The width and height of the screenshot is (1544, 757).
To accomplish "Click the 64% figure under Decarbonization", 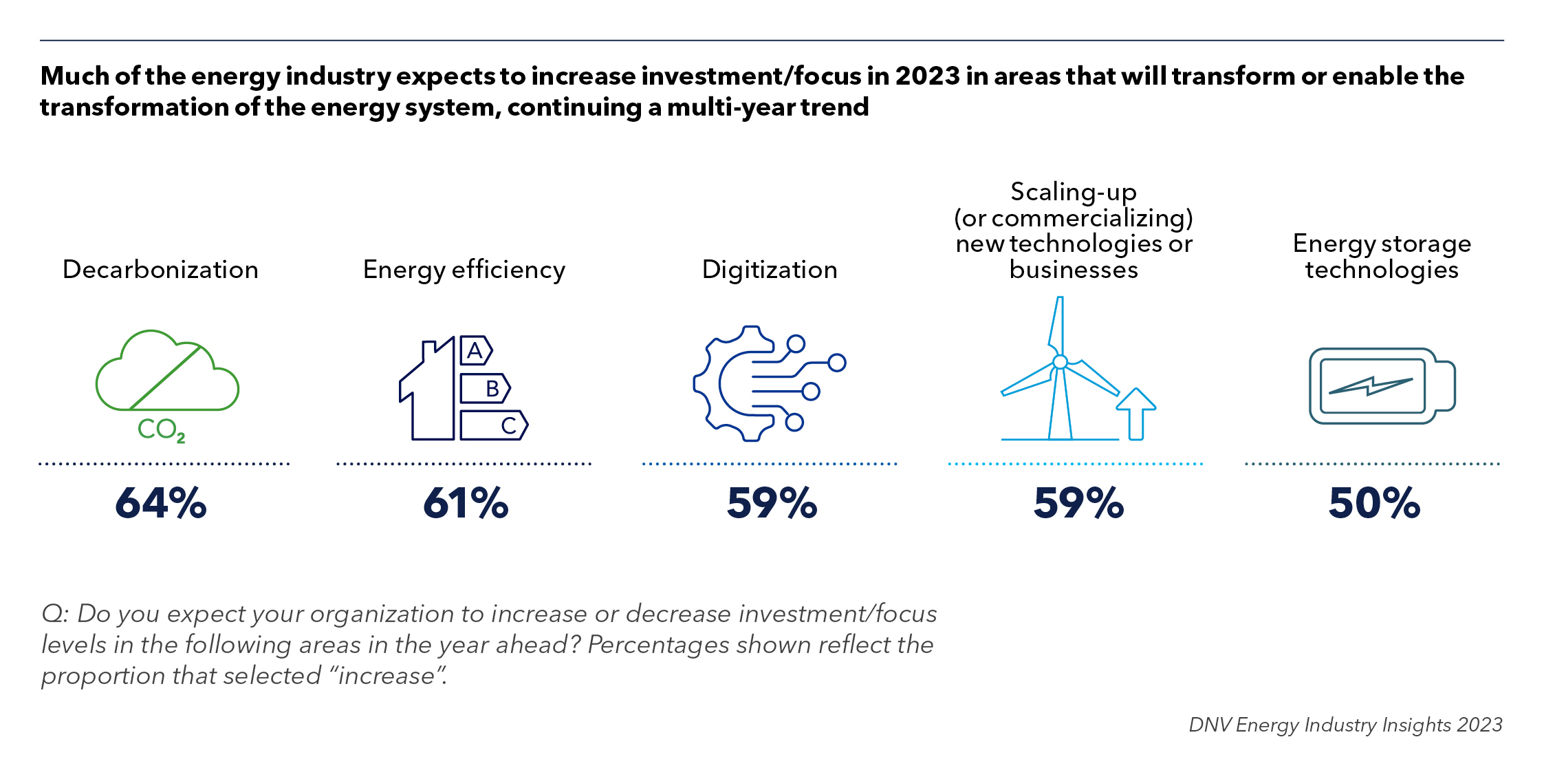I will (x=160, y=503).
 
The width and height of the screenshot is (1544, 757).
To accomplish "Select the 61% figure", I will (x=466, y=503).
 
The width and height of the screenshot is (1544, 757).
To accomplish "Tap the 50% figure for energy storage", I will (x=1374, y=503).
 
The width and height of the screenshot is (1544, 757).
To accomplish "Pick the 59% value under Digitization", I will (x=772, y=503).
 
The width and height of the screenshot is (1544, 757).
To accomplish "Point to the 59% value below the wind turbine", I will (x=1078, y=503).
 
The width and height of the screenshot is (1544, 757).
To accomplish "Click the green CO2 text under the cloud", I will (x=161, y=430).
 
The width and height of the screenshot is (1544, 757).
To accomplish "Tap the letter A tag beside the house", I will (x=475, y=351).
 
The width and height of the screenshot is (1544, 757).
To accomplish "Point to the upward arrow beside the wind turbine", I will (x=1136, y=413).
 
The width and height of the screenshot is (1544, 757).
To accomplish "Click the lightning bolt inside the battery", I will (x=1371, y=387).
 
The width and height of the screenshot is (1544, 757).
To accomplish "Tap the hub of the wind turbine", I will (x=1060, y=362).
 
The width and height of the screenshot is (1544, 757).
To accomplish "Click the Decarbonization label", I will (x=160, y=270).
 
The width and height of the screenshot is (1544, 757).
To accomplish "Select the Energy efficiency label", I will (x=464, y=270).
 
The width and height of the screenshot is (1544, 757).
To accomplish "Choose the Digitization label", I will (x=770, y=270).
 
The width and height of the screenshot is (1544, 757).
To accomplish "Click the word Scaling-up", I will (x=1073, y=192).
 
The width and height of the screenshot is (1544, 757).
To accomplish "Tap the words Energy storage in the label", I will (x=1382, y=244).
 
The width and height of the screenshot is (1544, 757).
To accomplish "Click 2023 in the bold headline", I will (x=927, y=76).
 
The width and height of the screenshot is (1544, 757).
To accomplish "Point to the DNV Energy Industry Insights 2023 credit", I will (x=1345, y=725).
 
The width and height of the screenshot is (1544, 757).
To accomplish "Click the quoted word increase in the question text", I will (x=387, y=676).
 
